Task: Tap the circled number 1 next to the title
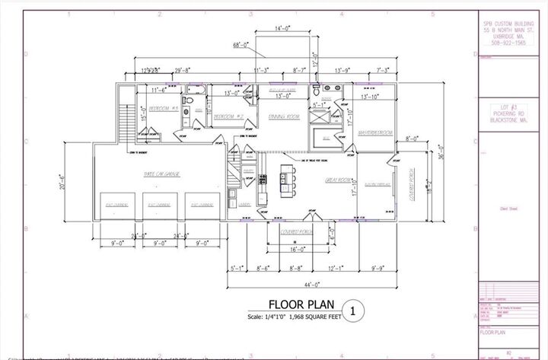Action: coord(352,310)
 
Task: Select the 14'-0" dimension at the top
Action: coord(282,28)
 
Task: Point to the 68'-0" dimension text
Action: coord(242,46)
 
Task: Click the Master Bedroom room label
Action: coord(374,132)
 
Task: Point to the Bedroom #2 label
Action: coord(226,116)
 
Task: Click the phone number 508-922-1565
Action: coord(505,43)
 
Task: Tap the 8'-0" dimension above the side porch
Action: coord(413,139)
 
